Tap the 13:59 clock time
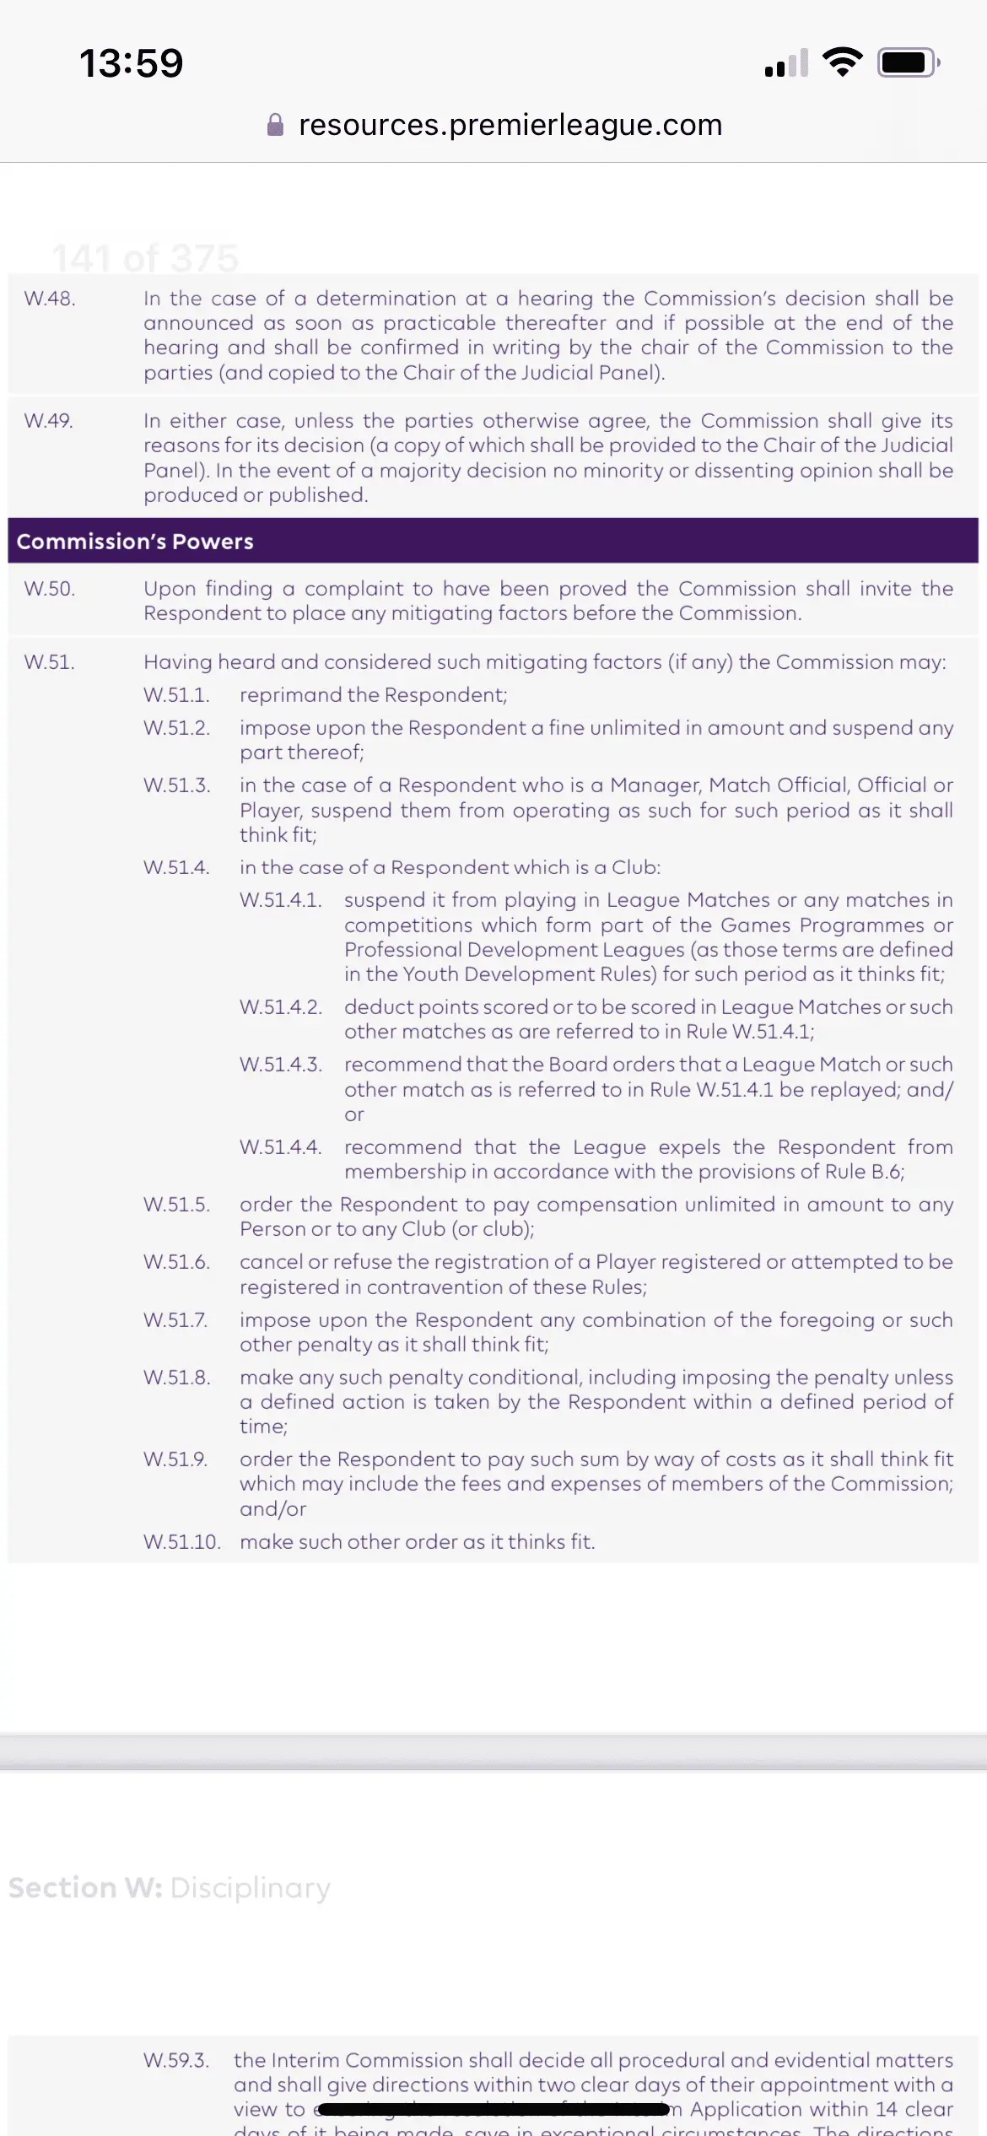[131, 63]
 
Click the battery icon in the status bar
[908, 62]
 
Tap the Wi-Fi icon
[842, 62]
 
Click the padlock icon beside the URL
[275, 125]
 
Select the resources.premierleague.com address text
[510, 125]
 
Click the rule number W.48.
[50, 299]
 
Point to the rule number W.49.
[49, 421]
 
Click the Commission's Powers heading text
[135, 542]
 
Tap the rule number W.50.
[50, 589]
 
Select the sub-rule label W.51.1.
[176, 695]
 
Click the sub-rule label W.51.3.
[176, 785]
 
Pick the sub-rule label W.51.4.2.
[281, 1007]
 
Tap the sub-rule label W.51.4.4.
[281, 1147]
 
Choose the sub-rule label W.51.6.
[176, 1262]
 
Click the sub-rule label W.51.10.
[182, 1542]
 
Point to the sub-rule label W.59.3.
[176, 2060]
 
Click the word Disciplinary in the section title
[251, 1888]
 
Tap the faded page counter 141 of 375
[145, 257]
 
